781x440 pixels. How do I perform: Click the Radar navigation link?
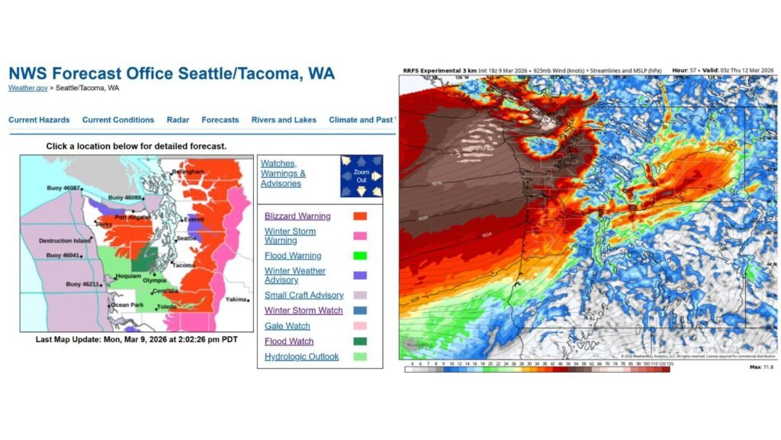click(x=178, y=120)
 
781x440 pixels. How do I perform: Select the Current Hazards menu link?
click(x=39, y=120)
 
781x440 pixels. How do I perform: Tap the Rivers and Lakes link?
click(x=284, y=120)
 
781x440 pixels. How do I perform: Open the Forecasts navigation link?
click(x=220, y=120)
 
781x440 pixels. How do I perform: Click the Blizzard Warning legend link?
click(x=297, y=216)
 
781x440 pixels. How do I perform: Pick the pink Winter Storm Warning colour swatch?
click(x=360, y=236)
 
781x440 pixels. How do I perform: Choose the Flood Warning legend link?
click(x=293, y=256)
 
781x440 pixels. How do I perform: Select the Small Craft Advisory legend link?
click(x=304, y=296)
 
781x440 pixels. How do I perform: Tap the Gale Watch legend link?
click(x=287, y=326)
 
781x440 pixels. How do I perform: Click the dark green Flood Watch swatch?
click(x=360, y=341)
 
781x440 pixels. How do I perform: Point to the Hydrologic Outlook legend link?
click(x=301, y=357)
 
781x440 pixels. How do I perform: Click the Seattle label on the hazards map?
click(x=187, y=238)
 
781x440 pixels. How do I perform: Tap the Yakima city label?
click(x=236, y=300)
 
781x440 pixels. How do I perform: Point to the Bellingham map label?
click(x=190, y=172)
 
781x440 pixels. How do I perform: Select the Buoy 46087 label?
click(x=63, y=188)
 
